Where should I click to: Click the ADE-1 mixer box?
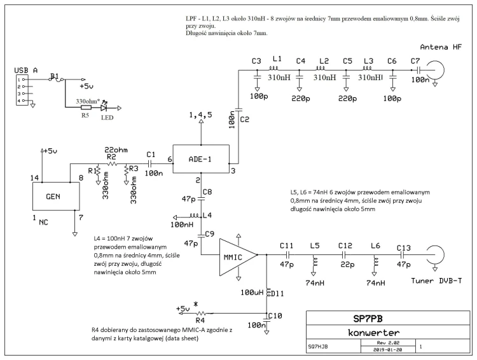tap(201, 159)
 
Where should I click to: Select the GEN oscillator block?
tap(56, 197)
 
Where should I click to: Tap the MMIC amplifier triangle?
tap(238, 257)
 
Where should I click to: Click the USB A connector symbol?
tap(22, 90)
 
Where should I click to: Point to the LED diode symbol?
tap(104, 107)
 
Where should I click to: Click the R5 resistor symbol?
tap(86, 107)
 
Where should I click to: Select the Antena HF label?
tap(441, 47)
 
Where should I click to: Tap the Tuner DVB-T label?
tap(436, 280)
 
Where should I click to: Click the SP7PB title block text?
tap(368, 319)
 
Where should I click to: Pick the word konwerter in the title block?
tap(373, 332)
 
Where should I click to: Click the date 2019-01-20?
tap(387, 350)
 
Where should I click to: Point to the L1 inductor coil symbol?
tap(273, 68)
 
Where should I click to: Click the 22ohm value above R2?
tap(116, 149)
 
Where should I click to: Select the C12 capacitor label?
tap(345, 246)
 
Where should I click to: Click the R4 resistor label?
tap(200, 320)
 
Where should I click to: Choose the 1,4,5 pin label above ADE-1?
tap(200, 115)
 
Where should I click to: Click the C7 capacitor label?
tap(415, 61)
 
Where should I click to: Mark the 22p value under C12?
tap(347, 265)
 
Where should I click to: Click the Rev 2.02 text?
tap(388, 343)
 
